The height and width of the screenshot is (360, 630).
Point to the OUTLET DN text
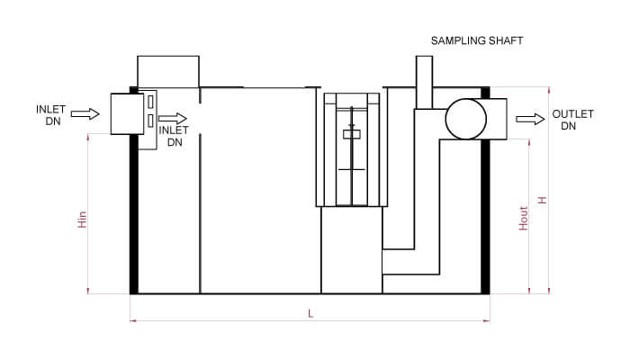(572, 120)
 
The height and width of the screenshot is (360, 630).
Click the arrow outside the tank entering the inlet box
(85, 114)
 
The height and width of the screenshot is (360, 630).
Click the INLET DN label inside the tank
(173, 136)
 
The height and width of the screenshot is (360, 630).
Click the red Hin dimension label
(82, 220)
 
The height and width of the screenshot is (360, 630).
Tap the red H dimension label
(542, 201)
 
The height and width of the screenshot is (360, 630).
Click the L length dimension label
(310, 313)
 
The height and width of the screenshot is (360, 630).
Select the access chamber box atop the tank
(167, 71)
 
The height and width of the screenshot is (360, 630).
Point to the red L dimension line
(225, 320)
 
